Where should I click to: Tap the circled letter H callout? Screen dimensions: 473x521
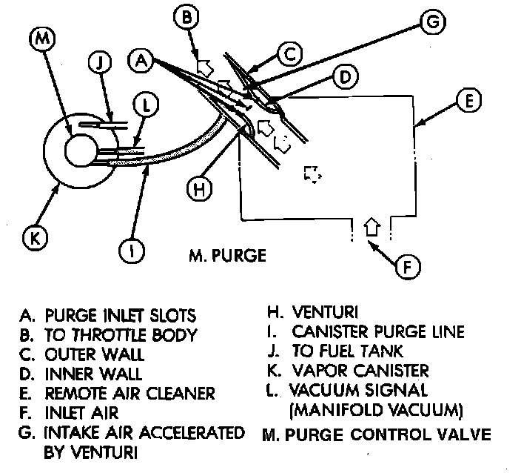[x=198, y=189]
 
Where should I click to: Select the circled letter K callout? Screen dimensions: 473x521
[x=35, y=239]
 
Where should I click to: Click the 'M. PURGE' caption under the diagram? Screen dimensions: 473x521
[x=226, y=258]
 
